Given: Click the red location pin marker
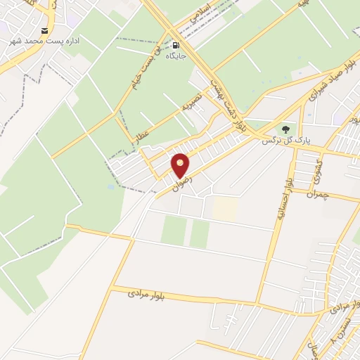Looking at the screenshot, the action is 181,165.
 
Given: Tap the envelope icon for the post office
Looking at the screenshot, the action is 46,31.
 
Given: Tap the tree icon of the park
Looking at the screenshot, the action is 285,129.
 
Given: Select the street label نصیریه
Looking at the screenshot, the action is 191,103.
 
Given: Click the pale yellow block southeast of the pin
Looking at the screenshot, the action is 225,207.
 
